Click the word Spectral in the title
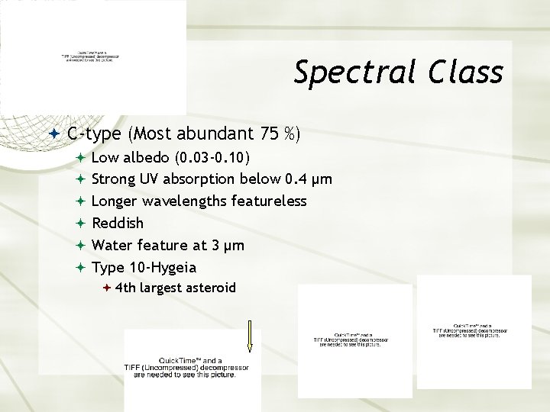pyautogui.click(x=356, y=73)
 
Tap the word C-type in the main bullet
pyautogui.click(x=94, y=134)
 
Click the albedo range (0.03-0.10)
pyautogui.click(x=211, y=158)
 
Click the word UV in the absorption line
pyautogui.click(x=149, y=180)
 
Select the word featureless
pyautogui.click(x=268, y=201)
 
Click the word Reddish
pyautogui.click(x=117, y=224)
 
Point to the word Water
pyautogui.click(x=114, y=245)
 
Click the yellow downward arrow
pyautogui.click(x=249, y=336)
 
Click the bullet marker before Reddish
pyautogui.click(x=80, y=224)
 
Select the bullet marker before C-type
pyautogui.click(x=54, y=134)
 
